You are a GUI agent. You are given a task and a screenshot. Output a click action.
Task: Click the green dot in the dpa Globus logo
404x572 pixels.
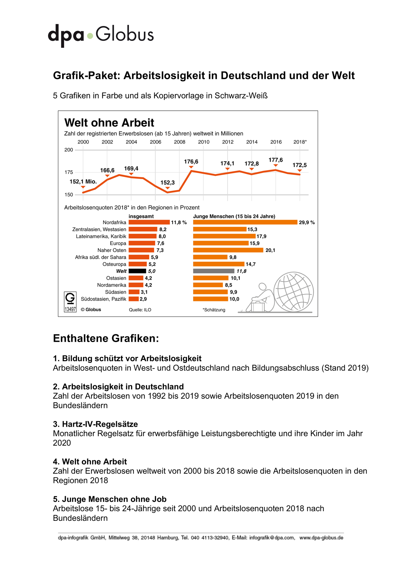[x=90, y=36]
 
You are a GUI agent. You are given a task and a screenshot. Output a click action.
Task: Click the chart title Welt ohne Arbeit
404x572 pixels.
[x=109, y=123]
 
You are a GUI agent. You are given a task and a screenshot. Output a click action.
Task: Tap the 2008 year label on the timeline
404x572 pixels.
[x=180, y=142]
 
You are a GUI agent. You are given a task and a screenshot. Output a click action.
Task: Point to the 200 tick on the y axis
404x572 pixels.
[x=69, y=150]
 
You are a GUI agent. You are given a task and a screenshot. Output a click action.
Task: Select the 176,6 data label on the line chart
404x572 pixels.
[x=191, y=162]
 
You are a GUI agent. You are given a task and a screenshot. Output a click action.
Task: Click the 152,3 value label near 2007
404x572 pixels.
[x=168, y=183]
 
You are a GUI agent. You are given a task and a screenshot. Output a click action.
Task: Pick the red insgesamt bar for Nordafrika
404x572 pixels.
[x=149, y=222]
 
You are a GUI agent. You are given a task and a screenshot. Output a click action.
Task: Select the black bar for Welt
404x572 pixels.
[x=137, y=271]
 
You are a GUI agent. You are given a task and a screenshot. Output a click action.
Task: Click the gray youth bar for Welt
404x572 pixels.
[x=214, y=271]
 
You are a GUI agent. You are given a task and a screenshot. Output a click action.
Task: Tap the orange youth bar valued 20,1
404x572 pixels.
[x=228, y=250]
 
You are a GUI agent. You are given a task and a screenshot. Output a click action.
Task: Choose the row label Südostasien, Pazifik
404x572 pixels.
[x=104, y=299]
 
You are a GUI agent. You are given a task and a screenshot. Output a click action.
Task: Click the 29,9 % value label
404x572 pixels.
[x=307, y=223]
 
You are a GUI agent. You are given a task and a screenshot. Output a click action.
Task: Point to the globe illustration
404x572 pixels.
[x=294, y=292]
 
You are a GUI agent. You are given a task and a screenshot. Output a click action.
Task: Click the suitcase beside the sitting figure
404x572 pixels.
[x=258, y=307]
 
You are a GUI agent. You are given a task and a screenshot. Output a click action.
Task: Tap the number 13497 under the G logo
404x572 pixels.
[x=70, y=309]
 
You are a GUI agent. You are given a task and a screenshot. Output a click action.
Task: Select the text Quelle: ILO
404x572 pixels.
[x=140, y=310]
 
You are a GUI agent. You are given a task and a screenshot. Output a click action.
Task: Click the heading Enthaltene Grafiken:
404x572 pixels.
[x=106, y=338]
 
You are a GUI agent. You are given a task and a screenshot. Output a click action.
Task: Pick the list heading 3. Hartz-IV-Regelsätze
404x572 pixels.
[x=95, y=424]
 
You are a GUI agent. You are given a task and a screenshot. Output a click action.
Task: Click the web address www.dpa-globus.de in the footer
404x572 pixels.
[x=321, y=538]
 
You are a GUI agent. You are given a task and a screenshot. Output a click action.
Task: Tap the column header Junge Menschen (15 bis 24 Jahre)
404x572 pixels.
[x=234, y=217]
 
